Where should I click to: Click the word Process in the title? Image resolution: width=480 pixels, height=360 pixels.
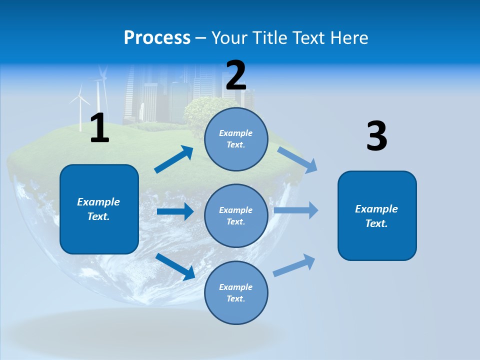tap(157, 37)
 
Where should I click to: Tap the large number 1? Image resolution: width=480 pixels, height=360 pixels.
tap(99, 128)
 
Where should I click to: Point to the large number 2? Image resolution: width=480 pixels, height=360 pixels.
tap(236, 75)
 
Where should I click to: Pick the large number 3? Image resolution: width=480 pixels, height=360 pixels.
tap(376, 135)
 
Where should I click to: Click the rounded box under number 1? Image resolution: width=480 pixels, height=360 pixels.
tap(99, 209)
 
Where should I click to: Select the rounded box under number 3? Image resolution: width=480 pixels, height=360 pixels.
tap(377, 216)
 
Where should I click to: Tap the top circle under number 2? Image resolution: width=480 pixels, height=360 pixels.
tap(236, 139)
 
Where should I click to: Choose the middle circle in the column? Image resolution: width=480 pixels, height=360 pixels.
tap(236, 215)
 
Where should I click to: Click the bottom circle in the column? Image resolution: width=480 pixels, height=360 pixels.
tap(236, 292)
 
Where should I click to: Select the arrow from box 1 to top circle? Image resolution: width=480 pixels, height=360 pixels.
tap(174, 159)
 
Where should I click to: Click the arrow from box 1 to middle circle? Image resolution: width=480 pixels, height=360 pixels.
tap(175, 211)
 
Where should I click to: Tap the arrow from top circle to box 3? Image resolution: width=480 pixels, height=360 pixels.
tap(297, 159)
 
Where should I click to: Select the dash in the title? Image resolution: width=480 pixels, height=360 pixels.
tap(201, 38)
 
